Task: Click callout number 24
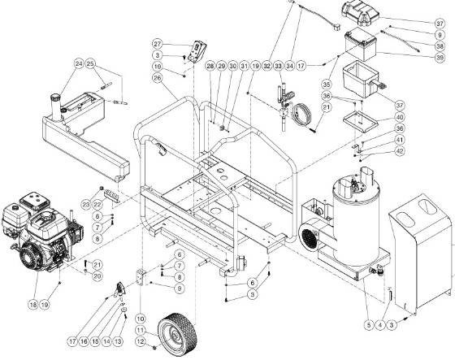(79, 63)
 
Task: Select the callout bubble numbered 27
(158, 43)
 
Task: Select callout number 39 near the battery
(440, 57)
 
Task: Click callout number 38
(440, 46)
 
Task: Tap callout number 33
(277, 64)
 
